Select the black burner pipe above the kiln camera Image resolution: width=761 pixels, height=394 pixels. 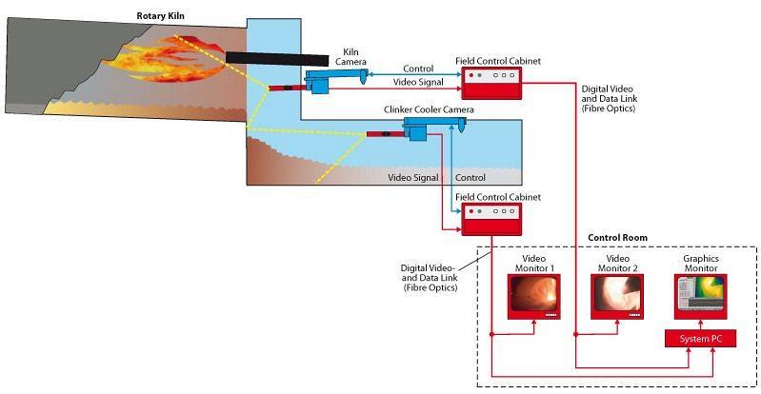pos(268,59)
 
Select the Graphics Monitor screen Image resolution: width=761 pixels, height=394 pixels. pos(702,296)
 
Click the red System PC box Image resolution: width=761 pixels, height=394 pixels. pos(700,339)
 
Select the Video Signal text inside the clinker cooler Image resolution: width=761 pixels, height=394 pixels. pos(413,178)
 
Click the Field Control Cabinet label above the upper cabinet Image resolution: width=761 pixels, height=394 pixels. pos(499,61)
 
